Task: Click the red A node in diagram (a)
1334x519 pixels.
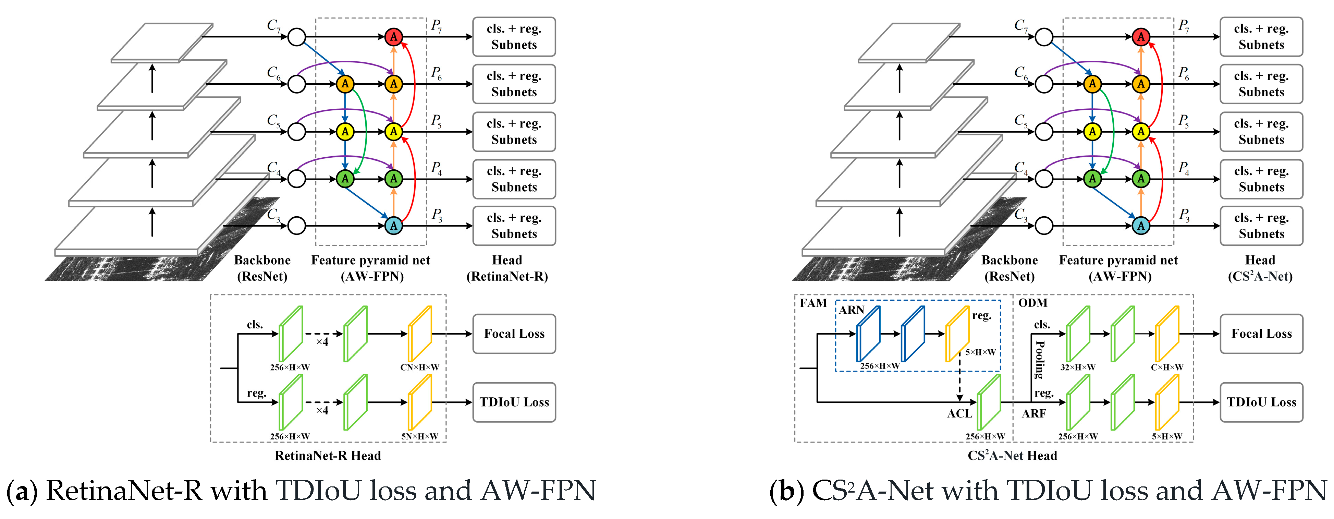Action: click(394, 37)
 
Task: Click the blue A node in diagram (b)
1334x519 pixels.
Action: click(1141, 226)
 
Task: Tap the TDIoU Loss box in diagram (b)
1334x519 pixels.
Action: click(1261, 402)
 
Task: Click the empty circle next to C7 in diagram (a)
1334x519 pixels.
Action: click(297, 37)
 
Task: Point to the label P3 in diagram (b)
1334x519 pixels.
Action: click(1184, 215)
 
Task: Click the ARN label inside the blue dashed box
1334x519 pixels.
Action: click(852, 310)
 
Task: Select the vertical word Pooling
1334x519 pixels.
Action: click(1039, 360)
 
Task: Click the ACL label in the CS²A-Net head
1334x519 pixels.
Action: click(959, 413)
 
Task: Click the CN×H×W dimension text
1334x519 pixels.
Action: click(419, 367)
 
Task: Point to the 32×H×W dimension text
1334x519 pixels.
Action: click(1078, 367)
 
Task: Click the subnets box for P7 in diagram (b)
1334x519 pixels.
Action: click(1261, 37)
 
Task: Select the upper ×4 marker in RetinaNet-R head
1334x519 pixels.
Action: click(322, 342)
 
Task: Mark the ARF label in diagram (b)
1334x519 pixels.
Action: click(1033, 413)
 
